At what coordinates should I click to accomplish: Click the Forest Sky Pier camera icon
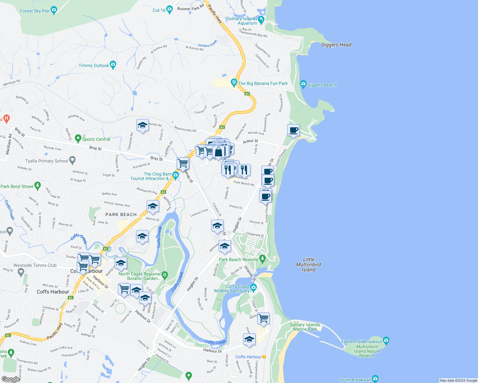[54, 11]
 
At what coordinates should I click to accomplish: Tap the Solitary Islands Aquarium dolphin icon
[261, 20]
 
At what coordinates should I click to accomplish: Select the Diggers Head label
[336, 45]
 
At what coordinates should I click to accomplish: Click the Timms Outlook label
[94, 65]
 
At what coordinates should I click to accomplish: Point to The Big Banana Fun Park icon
[234, 83]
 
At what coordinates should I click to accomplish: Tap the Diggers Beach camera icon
[303, 85]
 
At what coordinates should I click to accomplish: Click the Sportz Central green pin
[78, 139]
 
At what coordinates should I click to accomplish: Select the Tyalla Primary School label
[47, 161]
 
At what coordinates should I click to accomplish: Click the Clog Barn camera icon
[175, 175]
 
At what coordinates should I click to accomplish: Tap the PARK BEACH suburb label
[121, 214]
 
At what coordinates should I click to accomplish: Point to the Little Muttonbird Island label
[308, 265]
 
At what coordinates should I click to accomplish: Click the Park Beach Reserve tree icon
[262, 258]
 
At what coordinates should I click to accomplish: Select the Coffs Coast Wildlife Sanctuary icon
[253, 288]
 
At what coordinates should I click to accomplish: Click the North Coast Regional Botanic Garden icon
[165, 275]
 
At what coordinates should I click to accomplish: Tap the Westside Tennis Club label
[35, 265]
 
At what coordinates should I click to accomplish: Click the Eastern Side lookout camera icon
[386, 341]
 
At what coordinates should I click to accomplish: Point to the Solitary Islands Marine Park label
[305, 327]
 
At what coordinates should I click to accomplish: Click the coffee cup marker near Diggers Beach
[293, 130]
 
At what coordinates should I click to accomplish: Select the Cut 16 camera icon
[169, 10]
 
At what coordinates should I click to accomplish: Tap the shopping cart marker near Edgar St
[263, 318]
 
